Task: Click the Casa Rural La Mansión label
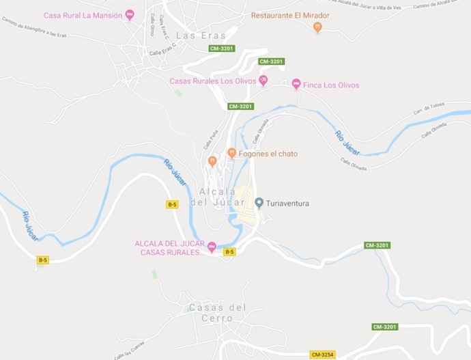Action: [x=83, y=15]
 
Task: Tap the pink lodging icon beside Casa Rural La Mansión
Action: [x=130, y=15]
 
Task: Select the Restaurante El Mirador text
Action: [x=290, y=15]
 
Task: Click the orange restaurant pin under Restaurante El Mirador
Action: [x=317, y=27]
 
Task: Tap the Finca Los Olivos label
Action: [x=331, y=85]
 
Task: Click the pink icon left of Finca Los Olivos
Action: [x=296, y=84]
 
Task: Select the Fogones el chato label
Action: [x=268, y=154]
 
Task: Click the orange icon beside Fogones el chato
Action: [x=232, y=153]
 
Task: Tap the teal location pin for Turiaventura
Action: [x=259, y=203]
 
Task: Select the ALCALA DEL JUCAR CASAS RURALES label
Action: [x=170, y=248]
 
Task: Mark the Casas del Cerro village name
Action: [x=216, y=313]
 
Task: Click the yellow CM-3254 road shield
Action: [x=323, y=355]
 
